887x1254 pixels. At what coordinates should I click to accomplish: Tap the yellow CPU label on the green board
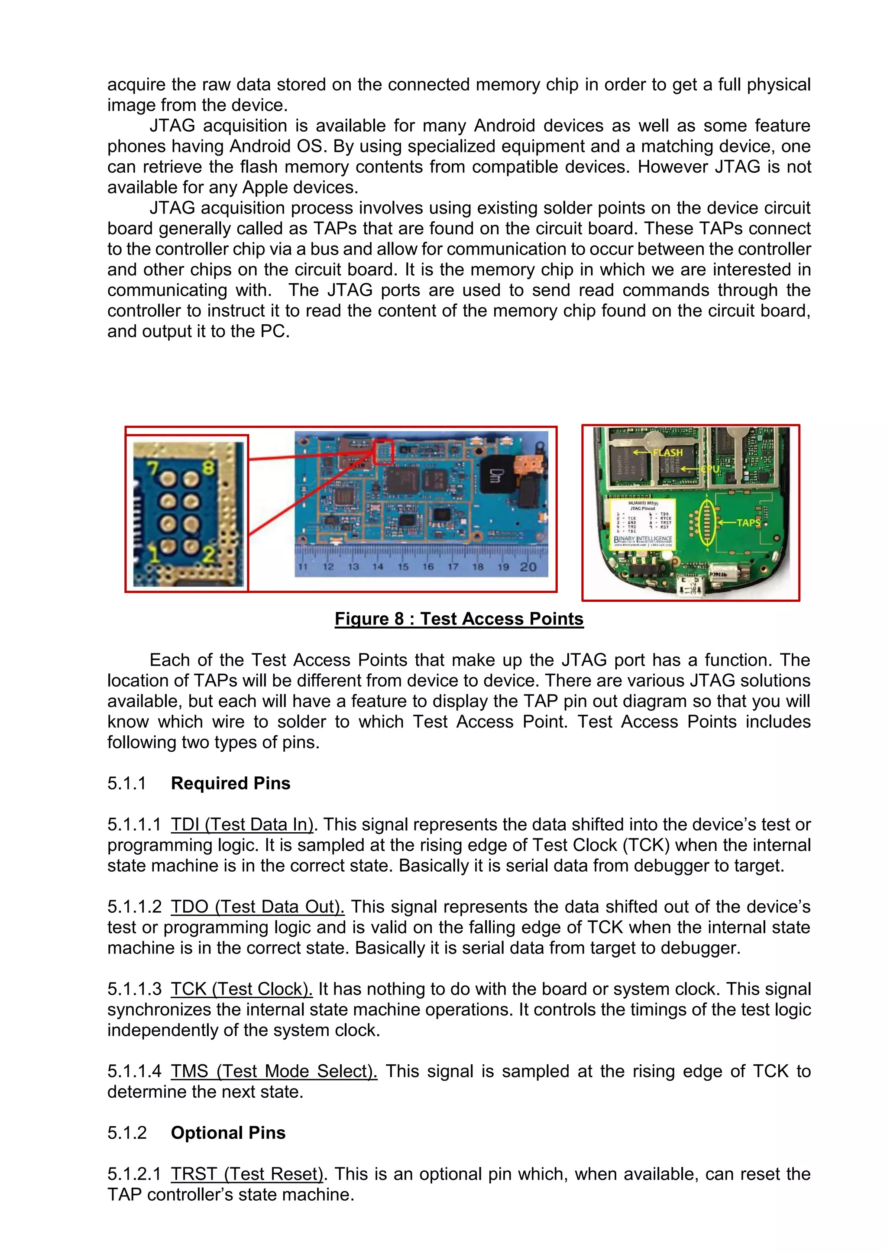[709, 469]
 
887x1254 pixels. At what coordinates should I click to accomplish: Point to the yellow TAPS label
[748, 523]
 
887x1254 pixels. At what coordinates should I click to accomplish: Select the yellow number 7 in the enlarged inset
[152, 468]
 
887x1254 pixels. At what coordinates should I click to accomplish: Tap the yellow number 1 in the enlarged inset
[155, 554]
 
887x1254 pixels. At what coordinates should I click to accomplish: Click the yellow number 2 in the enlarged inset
[208, 554]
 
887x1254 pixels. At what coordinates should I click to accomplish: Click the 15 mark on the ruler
[402, 567]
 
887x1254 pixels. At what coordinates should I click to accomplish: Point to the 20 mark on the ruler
[528, 567]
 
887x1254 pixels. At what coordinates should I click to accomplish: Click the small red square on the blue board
[383, 452]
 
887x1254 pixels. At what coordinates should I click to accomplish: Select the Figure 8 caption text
[459, 619]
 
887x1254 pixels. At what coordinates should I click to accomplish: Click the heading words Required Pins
[230, 783]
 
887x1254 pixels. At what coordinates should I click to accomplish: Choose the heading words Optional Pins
[228, 1133]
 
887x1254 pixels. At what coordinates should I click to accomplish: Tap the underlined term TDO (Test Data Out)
[257, 907]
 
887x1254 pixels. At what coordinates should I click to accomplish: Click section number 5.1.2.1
[134, 1174]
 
